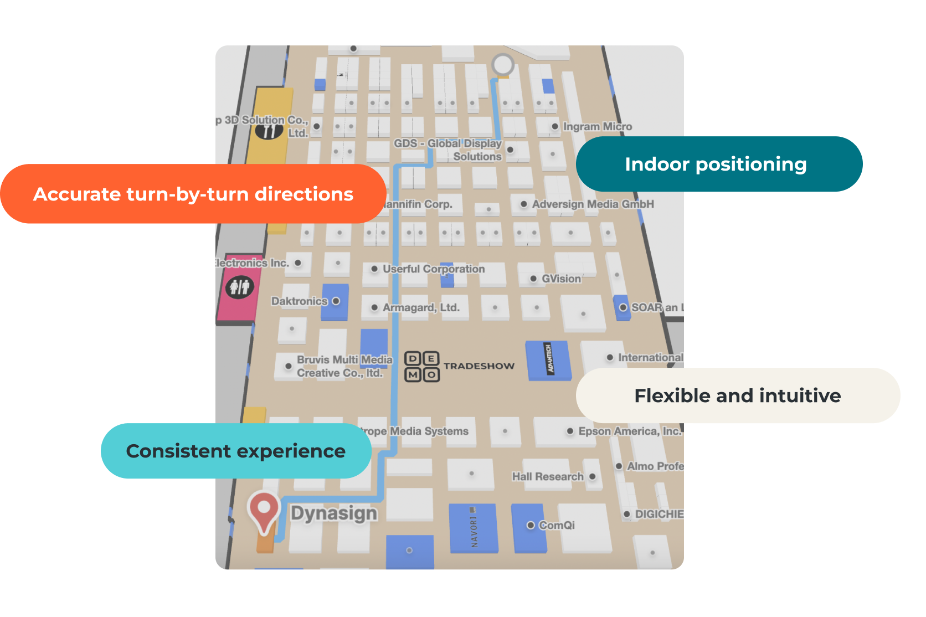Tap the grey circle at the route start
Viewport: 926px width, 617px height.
click(503, 65)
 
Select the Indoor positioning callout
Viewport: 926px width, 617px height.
click(719, 164)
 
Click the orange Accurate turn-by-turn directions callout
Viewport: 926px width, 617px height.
click(193, 194)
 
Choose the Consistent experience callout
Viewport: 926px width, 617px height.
click(236, 451)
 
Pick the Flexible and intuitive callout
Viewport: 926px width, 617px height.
click(738, 395)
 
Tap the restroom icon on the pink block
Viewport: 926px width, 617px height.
click(239, 287)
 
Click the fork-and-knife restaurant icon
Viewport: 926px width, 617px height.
click(269, 131)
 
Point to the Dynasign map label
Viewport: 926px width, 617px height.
click(333, 513)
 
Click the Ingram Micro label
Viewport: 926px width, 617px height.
click(597, 127)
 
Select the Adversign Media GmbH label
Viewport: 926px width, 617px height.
click(593, 204)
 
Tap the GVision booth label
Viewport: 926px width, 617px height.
click(561, 279)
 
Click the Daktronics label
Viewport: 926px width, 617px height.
click(300, 301)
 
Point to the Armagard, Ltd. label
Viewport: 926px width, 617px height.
click(421, 307)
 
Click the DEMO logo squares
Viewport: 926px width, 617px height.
click(422, 367)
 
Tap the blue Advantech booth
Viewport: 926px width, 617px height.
click(548, 360)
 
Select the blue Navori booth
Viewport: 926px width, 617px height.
click(473, 528)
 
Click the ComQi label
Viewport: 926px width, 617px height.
click(557, 525)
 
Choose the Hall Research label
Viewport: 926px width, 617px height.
click(548, 477)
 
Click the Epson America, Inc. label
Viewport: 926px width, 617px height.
click(630, 431)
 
